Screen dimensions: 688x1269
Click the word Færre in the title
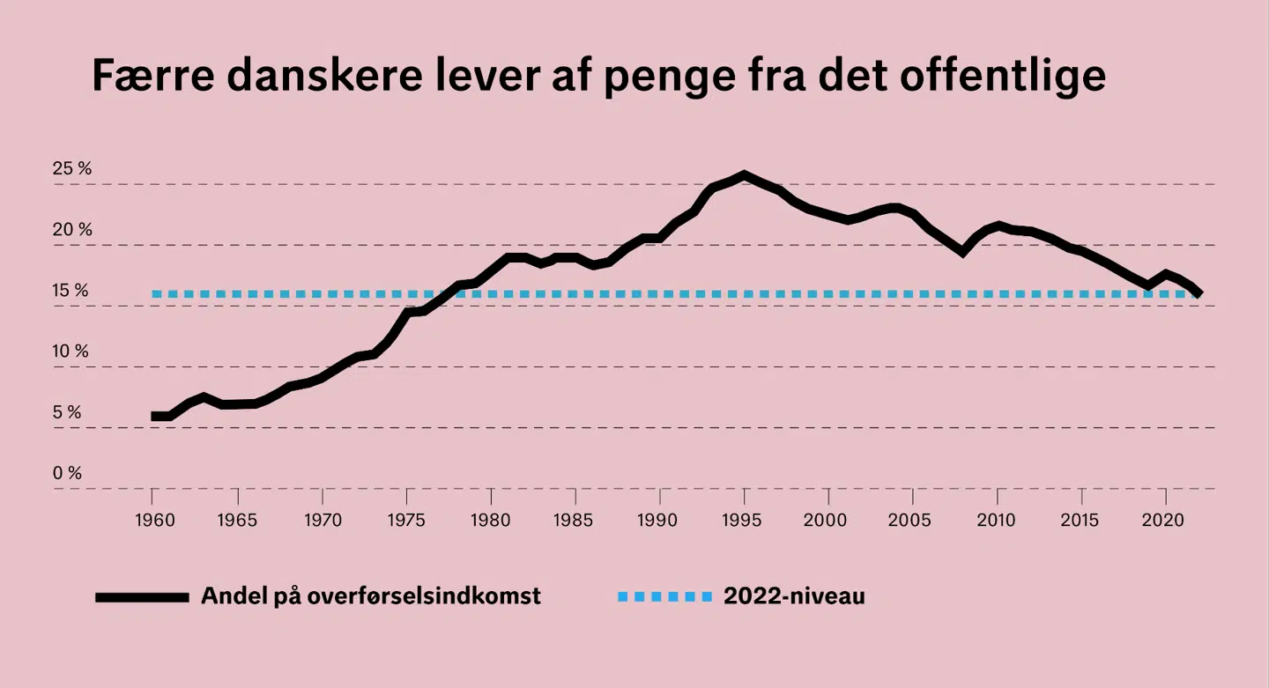[152, 76]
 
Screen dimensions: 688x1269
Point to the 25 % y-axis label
[72, 168]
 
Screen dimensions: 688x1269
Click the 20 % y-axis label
[72, 230]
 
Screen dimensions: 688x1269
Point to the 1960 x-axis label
[152, 519]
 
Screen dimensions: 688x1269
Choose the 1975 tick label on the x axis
[405, 519]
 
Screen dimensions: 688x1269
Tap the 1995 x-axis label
[743, 519]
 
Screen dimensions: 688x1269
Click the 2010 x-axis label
[997, 519]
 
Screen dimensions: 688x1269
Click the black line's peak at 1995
[744, 174]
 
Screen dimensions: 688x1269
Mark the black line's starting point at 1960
[153, 416]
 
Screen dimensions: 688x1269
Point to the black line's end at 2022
[1199, 293]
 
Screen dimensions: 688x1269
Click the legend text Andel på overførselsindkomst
[370, 596]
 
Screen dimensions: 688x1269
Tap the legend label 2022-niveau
[794, 596]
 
